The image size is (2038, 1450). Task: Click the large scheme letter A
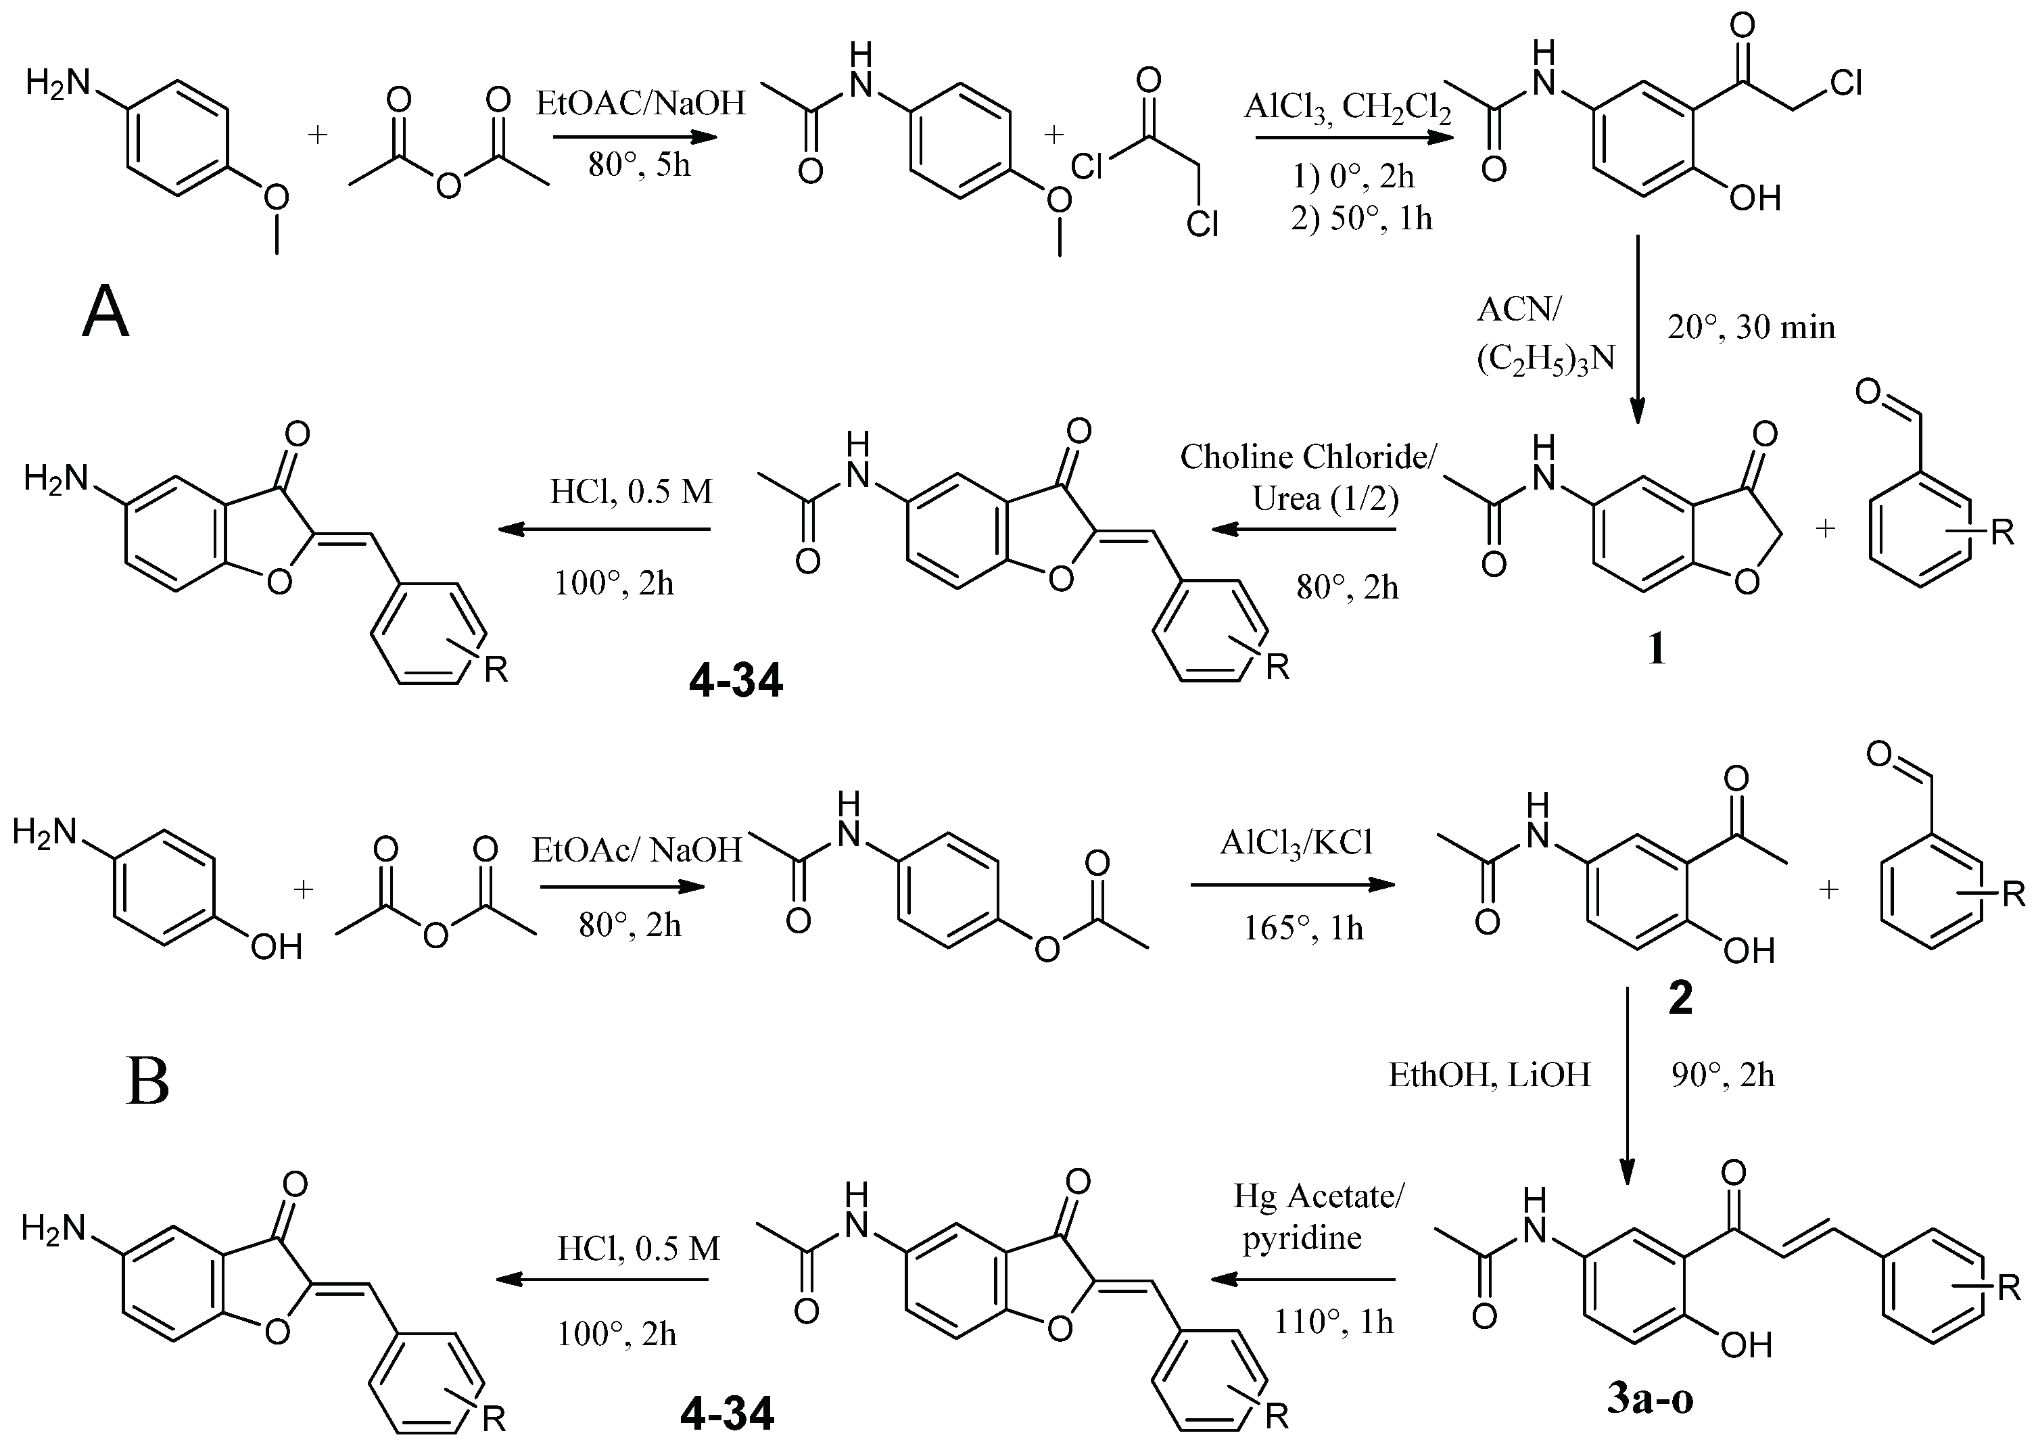click(x=105, y=314)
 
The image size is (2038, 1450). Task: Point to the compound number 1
click(x=1656, y=649)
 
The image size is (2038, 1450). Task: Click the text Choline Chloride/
click(x=1308, y=457)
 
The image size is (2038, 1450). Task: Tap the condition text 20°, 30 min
click(x=1751, y=328)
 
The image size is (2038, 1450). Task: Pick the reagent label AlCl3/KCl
click(x=1296, y=842)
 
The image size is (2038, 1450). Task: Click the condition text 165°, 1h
click(x=1303, y=929)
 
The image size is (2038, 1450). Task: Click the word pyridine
click(x=1302, y=1238)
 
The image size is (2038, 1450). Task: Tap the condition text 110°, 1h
click(x=1333, y=1322)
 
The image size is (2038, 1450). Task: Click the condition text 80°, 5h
click(x=638, y=165)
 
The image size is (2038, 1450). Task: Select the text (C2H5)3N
click(x=1545, y=358)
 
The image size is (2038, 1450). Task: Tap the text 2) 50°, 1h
click(x=1360, y=218)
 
